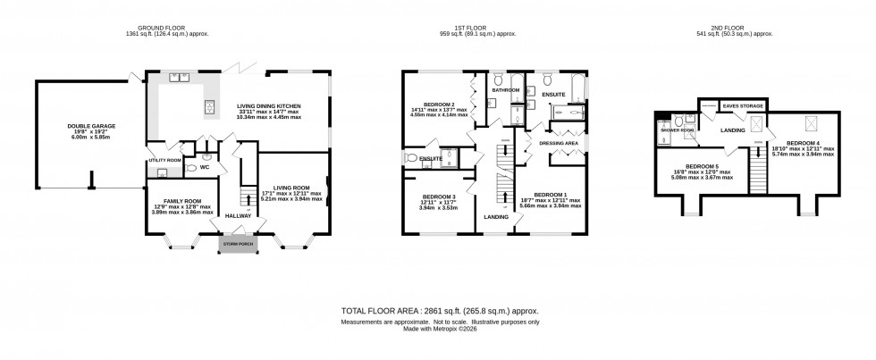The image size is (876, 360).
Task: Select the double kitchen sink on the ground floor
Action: click(176, 78)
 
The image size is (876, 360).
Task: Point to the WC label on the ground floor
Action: click(205, 165)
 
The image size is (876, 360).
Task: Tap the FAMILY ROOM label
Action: click(182, 202)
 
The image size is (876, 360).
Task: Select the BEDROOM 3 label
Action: click(440, 196)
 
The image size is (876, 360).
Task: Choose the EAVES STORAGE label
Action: click(743, 105)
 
